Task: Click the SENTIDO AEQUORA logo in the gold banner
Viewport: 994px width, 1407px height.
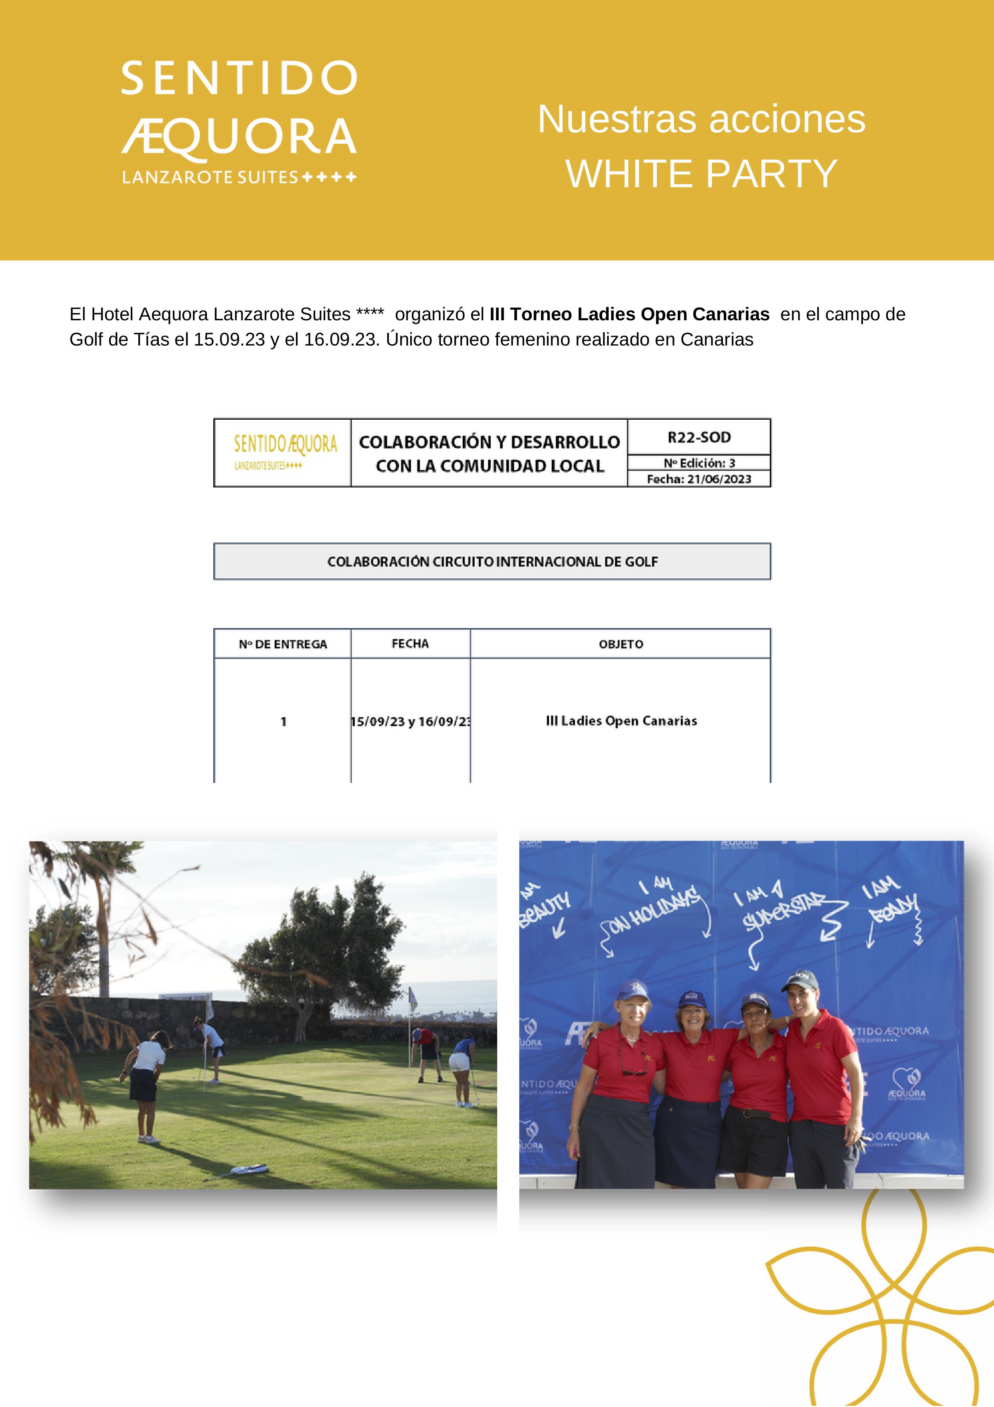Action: pos(239,123)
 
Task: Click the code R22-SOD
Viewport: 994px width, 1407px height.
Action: pos(698,438)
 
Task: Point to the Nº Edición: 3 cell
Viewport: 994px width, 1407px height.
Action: pos(698,463)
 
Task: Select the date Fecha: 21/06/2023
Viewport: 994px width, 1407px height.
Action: pos(698,479)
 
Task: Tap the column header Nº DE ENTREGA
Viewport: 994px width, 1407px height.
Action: pos(283,644)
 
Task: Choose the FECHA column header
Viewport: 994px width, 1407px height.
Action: pos(410,643)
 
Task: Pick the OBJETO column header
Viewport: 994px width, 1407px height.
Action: pos(620,644)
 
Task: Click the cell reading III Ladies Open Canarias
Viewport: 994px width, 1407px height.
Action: pos(621,721)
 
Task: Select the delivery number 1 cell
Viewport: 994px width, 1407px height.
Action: pos(283,722)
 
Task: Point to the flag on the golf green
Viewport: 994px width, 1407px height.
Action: pos(413,998)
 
